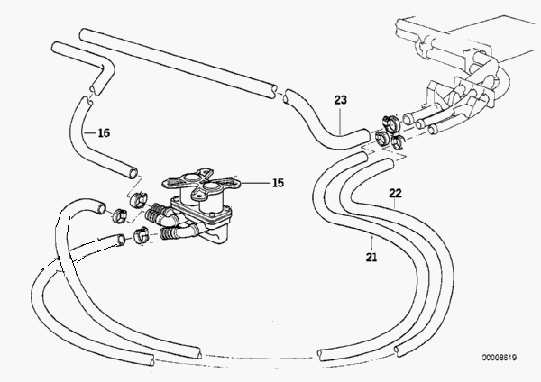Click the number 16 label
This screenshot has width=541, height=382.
point(104,132)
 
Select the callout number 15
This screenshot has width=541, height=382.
point(278,183)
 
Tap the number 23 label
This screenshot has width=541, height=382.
point(340,100)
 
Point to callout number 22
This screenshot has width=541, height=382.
point(395,193)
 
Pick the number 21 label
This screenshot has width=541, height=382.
point(371,257)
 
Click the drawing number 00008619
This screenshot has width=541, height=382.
point(500,358)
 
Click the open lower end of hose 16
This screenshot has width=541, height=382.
point(133,172)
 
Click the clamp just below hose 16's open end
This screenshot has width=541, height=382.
point(138,199)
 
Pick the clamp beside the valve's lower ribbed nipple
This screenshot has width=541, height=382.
point(141,235)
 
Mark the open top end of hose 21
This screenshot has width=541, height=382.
point(364,157)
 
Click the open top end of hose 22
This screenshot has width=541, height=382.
point(390,163)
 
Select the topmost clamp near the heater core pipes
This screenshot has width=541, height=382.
point(390,122)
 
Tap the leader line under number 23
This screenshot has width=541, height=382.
point(340,121)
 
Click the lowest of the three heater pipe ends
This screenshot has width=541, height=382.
point(433,130)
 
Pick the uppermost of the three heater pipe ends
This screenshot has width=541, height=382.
point(408,119)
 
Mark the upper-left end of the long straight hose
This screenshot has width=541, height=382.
point(83,34)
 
